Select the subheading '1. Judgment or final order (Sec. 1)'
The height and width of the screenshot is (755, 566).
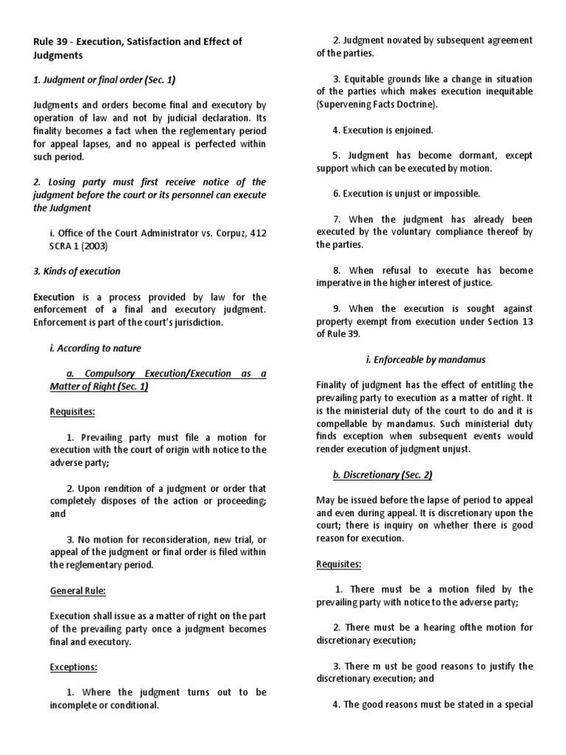[x=104, y=79]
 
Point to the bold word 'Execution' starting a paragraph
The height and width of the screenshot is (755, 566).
[x=54, y=296]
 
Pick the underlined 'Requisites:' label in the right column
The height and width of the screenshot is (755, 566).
[x=339, y=564]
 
